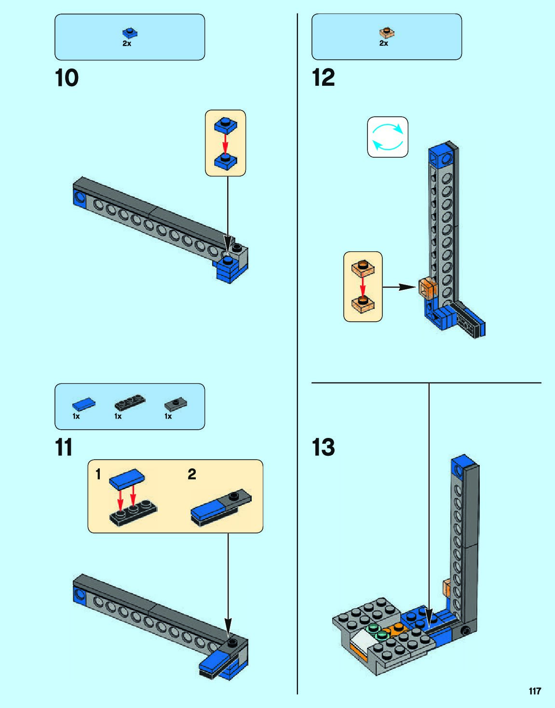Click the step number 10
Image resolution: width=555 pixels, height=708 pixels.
pos(67,78)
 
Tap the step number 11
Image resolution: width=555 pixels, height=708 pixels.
pos(64,448)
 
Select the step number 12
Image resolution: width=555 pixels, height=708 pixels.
pos(323,78)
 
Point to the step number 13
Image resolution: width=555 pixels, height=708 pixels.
pos(323,448)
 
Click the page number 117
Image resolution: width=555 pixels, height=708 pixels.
pos(535,691)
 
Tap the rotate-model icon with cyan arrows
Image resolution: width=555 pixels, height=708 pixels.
pos(388,137)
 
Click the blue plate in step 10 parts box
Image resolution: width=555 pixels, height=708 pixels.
pos(129,33)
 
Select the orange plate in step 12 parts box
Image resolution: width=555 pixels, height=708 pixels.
pos(386,33)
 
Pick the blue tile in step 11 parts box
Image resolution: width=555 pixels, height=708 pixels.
pos(83,404)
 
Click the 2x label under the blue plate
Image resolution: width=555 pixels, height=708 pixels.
pos(127,43)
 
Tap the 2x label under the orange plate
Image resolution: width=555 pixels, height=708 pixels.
pos(384,43)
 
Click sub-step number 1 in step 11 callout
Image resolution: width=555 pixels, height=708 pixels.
pos(98,474)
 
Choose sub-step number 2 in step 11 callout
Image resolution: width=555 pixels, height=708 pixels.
pos(192,475)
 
